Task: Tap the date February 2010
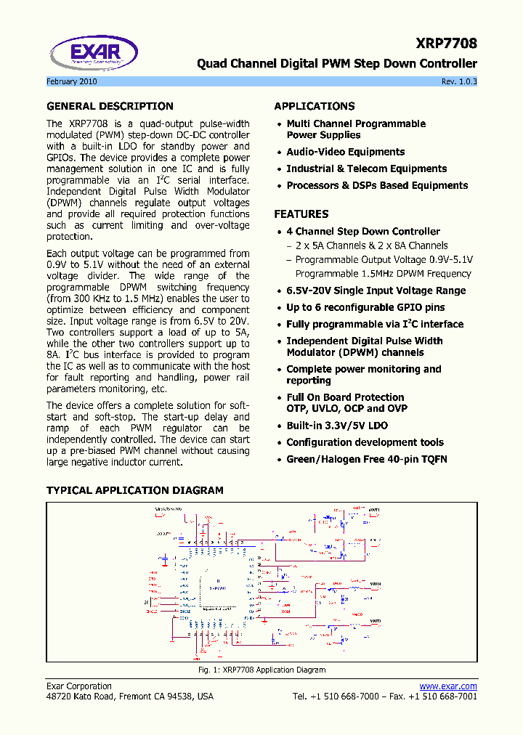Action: [x=72, y=81]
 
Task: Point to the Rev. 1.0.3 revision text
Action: [x=459, y=81]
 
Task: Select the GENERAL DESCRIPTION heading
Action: [x=110, y=106]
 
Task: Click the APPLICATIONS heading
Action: [x=315, y=106]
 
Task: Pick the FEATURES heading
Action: [x=301, y=214]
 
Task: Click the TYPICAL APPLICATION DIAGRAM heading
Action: [x=135, y=490]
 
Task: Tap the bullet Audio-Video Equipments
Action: [x=345, y=152]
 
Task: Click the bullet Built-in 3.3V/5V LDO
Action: [x=337, y=426]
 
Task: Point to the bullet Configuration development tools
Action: [x=365, y=442]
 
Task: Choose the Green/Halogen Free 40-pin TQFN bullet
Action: [x=366, y=459]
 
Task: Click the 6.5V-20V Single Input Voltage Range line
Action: [x=376, y=291]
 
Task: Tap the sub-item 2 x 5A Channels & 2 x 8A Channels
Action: [x=371, y=245]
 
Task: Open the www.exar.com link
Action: [x=448, y=686]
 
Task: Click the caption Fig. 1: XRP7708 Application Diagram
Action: [x=261, y=670]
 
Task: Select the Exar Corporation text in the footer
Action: [x=79, y=686]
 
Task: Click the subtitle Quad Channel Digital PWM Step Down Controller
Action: [x=337, y=64]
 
